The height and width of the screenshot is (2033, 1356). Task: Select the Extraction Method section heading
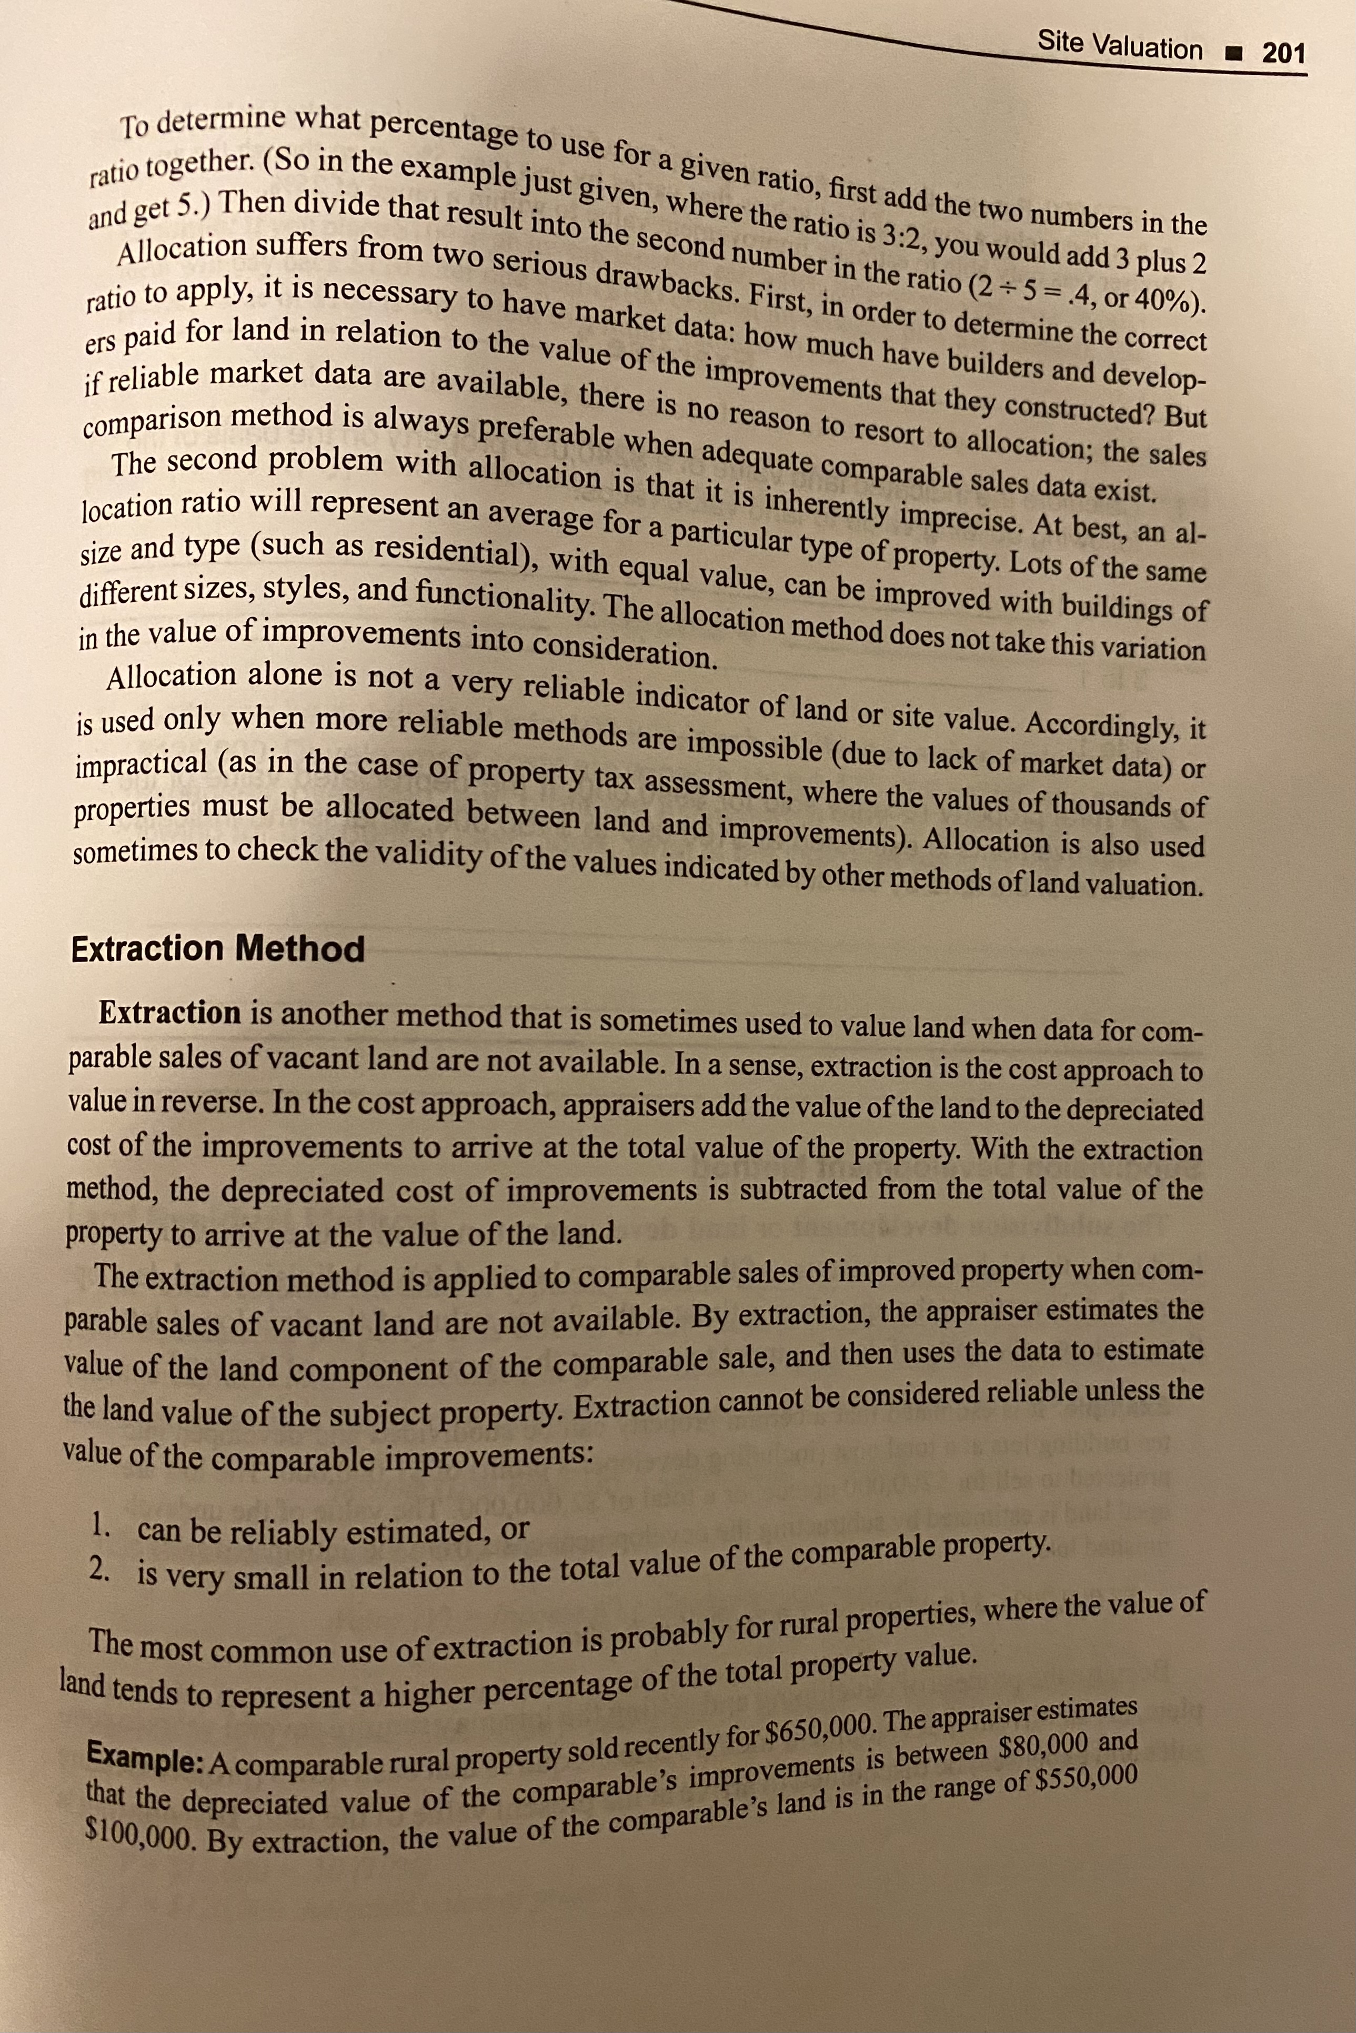pos(218,949)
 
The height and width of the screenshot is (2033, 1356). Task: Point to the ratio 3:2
pos(899,235)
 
